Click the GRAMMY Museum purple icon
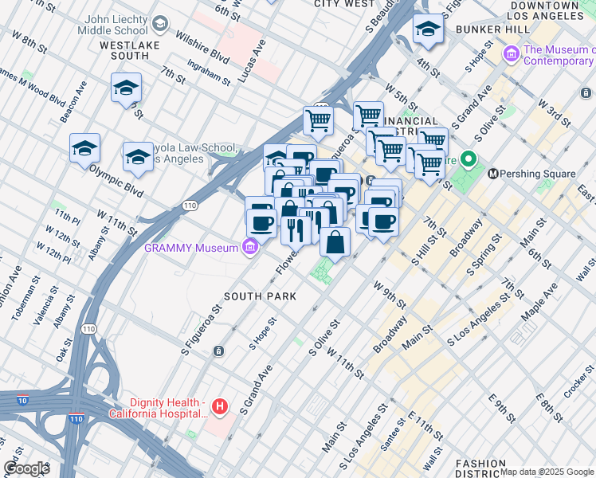click(x=250, y=247)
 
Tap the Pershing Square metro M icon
click(x=493, y=173)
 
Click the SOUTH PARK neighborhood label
click(x=260, y=296)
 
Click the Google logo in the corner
click(x=25, y=468)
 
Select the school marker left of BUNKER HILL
click(x=428, y=30)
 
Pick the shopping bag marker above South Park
click(x=335, y=242)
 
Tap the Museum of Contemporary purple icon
click(x=511, y=55)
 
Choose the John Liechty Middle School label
click(x=113, y=25)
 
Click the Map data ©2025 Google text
click(x=547, y=472)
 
